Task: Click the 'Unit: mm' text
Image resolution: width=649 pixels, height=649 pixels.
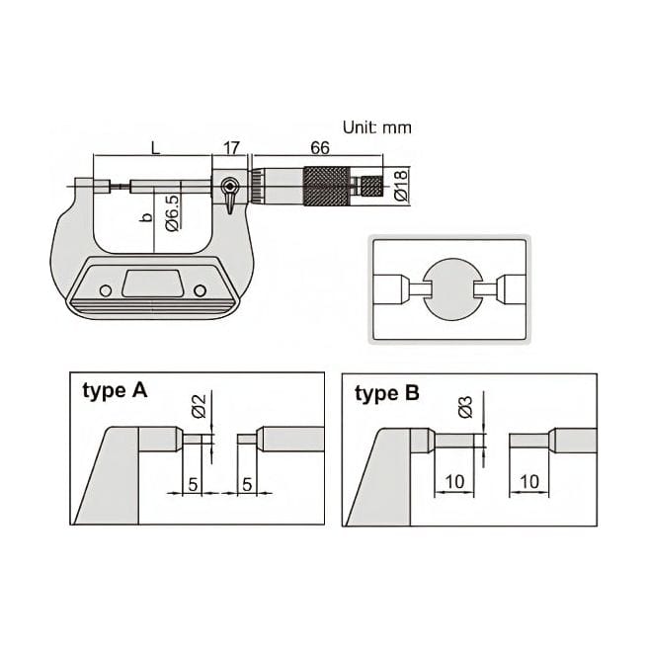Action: click(x=376, y=127)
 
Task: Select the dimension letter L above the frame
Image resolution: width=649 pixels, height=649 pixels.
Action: click(x=155, y=147)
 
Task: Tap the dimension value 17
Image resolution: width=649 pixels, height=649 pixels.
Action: click(x=232, y=147)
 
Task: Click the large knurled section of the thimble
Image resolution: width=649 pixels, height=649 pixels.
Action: click(x=326, y=185)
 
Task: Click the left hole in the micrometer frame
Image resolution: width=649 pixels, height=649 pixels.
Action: click(x=102, y=289)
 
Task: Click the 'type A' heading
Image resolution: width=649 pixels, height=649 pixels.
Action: click(x=114, y=391)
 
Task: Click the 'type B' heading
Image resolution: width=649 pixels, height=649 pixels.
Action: click(x=386, y=393)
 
